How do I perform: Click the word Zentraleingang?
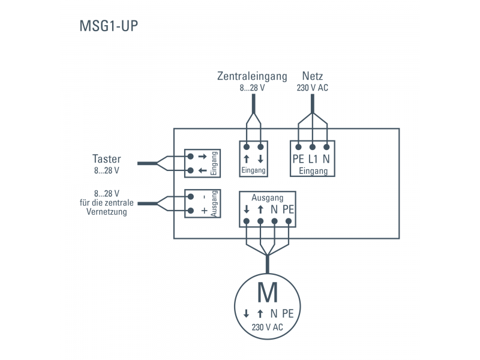(252, 76)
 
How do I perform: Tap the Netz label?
(313, 76)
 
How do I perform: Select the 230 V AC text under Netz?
(313, 88)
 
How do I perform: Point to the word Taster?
(107, 159)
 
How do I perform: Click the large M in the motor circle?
(267, 292)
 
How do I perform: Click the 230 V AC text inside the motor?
(267, 327)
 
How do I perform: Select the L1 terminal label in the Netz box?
(313, 160)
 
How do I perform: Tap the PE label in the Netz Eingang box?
(298, 160)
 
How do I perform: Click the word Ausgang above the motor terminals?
(268, 197)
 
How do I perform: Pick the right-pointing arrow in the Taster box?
(202, 156)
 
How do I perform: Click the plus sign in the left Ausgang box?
(204, 211)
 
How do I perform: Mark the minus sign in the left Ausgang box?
(204, 197)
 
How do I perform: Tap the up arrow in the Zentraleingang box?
(247, 160)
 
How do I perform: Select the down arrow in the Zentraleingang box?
(261, 160)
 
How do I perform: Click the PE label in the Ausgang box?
(289, 209)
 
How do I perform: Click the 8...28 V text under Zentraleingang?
(252, 88)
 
